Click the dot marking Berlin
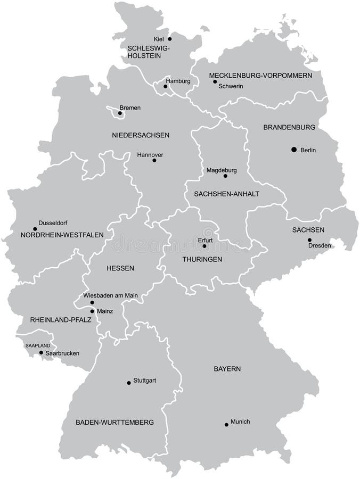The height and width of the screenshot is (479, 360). pos(293,150)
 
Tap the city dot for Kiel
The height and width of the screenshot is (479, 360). pos(170,39)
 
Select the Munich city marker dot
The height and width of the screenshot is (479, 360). pos(226,424)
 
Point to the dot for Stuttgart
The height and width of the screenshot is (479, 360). pos(128,382)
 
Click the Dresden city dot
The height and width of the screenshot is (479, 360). pos(309,240)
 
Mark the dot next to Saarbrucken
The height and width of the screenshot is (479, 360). pos(41,352)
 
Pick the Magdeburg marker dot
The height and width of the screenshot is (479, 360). pos(225,176)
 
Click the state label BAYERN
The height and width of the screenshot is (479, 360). pos(227,368)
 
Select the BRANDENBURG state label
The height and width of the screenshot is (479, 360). pos(289,128)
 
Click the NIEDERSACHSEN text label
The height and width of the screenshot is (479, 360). pos(141,135)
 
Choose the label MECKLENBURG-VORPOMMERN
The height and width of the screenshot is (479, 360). pos(260,76)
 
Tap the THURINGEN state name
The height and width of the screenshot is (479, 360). pos(202,259)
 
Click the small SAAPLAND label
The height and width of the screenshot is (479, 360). pos(38,346)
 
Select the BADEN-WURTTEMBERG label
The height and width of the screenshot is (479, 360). pos(114,422)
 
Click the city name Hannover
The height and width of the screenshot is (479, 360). pos(150,155)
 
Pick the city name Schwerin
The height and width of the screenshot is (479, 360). pos(231,86)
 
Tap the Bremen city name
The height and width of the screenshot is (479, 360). pos(130,108)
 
